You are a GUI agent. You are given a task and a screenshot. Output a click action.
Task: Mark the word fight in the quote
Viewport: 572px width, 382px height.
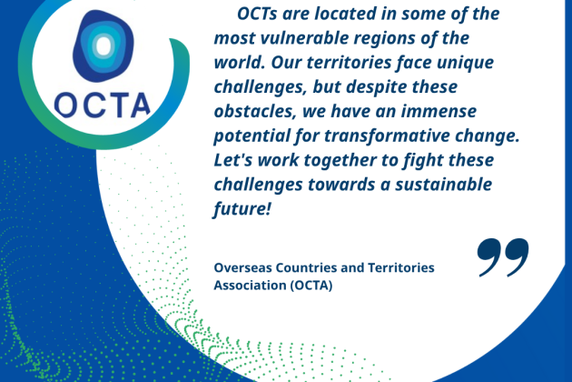pyautogui.click(x=422, y=161)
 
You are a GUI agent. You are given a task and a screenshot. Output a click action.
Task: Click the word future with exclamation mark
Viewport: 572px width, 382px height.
pyautogui.click(x=242, y=209)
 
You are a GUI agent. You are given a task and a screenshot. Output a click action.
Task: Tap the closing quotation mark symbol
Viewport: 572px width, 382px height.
pyautogui.click(x=503, y=257)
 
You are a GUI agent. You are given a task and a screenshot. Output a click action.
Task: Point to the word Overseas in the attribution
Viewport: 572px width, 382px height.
pyautogui.click(x=243, y=267)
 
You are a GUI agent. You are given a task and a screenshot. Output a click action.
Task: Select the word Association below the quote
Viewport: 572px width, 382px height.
pyautogui.click(x=250, y=285)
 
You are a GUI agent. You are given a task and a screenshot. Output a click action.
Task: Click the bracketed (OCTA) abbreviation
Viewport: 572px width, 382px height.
pyautogui.click(x=311, y=286)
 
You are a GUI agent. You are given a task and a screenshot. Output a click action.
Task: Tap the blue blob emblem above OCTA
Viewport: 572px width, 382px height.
pyautogui.click(x=104, y=45)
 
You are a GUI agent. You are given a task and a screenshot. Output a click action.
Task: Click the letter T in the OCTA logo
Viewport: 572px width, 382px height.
pyautogui.click(x=117, y=106)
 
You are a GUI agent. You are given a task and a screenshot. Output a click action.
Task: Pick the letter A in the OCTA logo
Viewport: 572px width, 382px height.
pyautogui.click(x=140, y=106)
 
